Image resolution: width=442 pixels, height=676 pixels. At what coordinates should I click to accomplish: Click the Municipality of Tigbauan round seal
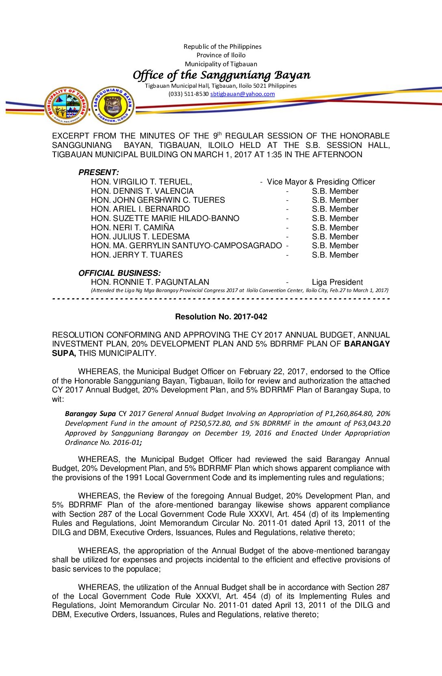click(x=66, y=106)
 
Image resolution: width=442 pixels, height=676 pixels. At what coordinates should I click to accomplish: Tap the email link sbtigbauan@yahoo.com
click(x=243, y=94)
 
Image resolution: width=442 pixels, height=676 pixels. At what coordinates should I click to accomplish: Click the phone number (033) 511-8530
click(x=188, y=94)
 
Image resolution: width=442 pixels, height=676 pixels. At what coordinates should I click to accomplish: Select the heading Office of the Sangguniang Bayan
click(x=221, y=75)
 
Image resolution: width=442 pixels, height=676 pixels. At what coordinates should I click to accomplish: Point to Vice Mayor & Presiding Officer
click(x=321, y=182)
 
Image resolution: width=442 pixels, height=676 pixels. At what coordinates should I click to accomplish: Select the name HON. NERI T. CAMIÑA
click(x=132, y=227)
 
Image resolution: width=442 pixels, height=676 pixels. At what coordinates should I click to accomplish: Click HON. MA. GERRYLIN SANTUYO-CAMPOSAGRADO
click(x=186, y=245)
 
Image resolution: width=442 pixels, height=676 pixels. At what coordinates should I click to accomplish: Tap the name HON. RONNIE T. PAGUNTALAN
click(x=150, y=282)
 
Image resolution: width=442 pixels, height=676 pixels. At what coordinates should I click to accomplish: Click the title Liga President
click(x=337, y=282)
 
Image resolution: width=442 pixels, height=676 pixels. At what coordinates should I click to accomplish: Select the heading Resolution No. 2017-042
click(x=221, y=316)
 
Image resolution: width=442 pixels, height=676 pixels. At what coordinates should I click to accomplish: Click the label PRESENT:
click(x=98, y=172)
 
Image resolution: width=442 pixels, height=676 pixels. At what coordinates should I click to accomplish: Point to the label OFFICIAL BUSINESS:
click(x=119, y=273)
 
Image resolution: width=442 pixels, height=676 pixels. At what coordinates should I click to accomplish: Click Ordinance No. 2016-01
click(x=102, y=442)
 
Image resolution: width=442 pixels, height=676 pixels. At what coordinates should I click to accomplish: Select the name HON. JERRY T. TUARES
click(x=136, y=255)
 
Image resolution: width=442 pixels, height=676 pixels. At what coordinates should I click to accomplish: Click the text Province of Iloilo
click(x=221, y=55)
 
